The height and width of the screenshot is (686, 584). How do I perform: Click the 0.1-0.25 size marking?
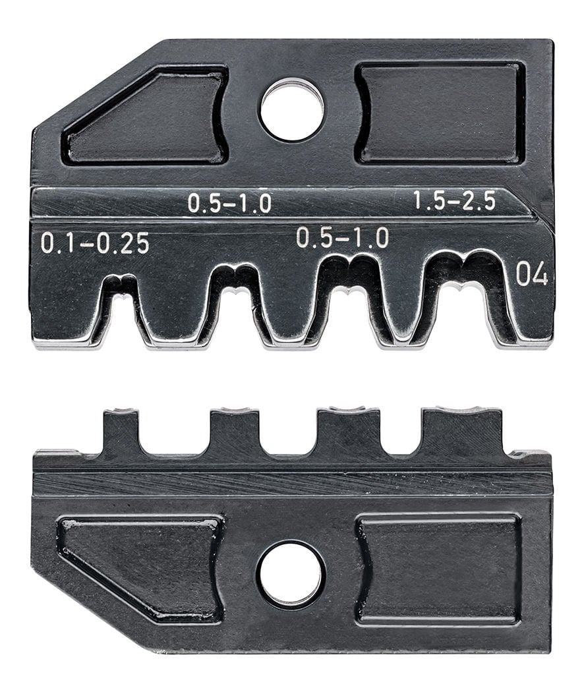tap(95, 243)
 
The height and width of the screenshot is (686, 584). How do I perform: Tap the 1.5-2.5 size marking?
tap(454, 201)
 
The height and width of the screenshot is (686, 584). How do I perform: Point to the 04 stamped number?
tap(531, 273)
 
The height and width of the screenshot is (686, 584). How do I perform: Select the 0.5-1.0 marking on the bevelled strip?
tap(229, 203)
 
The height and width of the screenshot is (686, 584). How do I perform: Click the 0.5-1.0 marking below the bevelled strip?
tap(342, 237)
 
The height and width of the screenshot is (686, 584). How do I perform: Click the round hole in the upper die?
tap(292, 109)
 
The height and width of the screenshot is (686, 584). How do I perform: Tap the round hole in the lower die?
tap(291, 574)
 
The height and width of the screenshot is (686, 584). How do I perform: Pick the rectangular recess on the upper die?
tap(440, 113)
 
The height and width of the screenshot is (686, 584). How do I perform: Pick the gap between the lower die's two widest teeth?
tap(401, 432)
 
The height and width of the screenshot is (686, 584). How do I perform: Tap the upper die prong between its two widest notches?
tap(403, 310)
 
